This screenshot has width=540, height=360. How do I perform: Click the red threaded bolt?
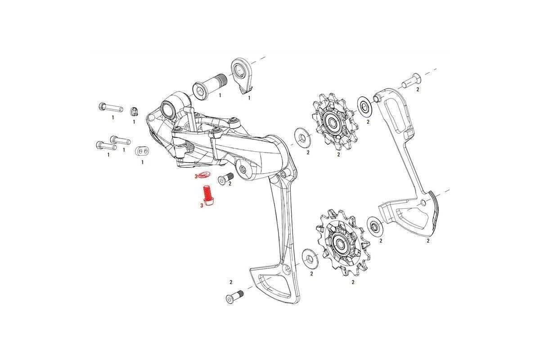(x=208, y=196)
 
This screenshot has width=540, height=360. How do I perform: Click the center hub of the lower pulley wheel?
(x=340, y=244)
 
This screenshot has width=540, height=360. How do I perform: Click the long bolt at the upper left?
(x=110, y=108)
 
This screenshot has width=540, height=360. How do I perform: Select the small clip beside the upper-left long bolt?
(x=134, y=111)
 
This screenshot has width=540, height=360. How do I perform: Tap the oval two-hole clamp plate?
(x=142, y=150)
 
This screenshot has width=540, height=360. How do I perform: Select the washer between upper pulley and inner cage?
(x=364, y=105)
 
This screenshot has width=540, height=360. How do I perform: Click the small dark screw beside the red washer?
(x=225, y=179)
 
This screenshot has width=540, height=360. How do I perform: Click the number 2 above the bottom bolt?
(x=231, y=282)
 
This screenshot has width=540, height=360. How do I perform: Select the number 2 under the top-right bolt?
(x=417, y=90)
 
